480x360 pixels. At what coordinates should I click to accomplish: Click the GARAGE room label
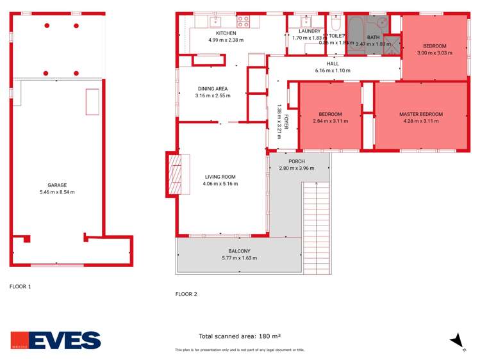(56, 184)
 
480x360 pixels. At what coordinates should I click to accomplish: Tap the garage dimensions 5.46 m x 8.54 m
(57, 192)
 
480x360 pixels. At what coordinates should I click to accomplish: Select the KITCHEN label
(226, 33)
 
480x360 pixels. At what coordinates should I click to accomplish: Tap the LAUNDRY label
(310, 31)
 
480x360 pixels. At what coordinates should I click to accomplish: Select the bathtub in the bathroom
(355, 28)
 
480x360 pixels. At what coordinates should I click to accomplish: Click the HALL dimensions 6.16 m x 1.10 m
(333, 70)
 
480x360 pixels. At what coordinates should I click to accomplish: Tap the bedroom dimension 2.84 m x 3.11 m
(330, 120)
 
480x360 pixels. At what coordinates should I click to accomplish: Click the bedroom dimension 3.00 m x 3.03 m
(434, 53)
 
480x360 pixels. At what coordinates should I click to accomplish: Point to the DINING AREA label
(212, 88)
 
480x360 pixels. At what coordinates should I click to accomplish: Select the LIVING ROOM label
(220, 177)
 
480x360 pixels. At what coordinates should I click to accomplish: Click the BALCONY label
(238, 251)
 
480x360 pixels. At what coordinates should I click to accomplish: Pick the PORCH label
(296, 161)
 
